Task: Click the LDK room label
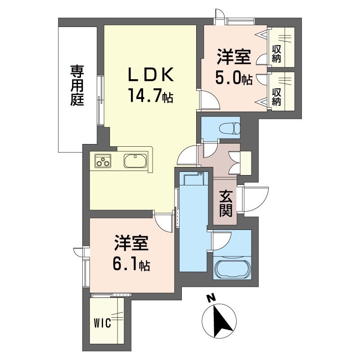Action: pos(151,75)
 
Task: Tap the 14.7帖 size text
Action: pos(151,95)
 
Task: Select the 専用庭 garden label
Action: pos(77,85)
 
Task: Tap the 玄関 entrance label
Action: pos(226,204)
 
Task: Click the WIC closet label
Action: pos(103,324)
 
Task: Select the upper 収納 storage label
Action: pos(276,54)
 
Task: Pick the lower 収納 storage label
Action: pos(276,97)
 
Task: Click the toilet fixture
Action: pos(229,128)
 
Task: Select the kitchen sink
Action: pos(135,161)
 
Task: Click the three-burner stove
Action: pos(103,161)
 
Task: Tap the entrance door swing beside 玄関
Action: pos(255,199)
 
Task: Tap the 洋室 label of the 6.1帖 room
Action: pos(131,243)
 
